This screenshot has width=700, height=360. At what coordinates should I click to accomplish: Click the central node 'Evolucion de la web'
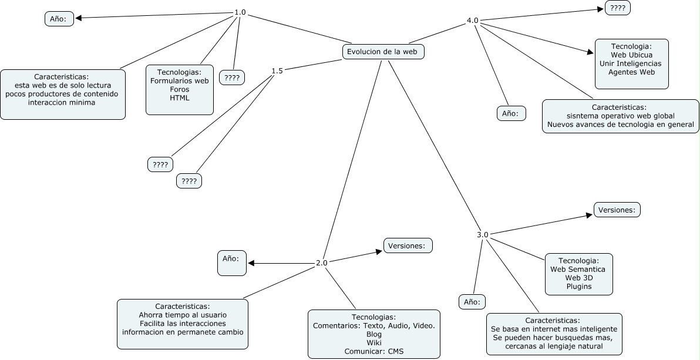382,52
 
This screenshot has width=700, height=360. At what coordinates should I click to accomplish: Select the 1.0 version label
240,12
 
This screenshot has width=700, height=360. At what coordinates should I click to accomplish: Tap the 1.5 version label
277,71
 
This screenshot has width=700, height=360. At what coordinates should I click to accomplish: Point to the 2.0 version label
321,263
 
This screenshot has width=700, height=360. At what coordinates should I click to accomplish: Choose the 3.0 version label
483,235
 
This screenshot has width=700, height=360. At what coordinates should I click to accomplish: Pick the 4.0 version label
472,21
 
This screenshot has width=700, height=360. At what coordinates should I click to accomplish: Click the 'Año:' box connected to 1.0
59,19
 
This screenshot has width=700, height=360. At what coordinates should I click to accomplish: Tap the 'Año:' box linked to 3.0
472,302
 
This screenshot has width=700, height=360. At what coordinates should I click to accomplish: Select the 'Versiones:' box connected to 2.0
408,245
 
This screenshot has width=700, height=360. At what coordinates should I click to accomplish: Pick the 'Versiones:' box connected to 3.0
617,210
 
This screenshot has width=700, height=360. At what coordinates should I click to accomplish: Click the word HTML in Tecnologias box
180,98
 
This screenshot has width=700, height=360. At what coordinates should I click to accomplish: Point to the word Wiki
374,342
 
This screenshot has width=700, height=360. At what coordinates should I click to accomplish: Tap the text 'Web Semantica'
578,269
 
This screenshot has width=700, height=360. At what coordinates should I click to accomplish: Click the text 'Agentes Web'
631,72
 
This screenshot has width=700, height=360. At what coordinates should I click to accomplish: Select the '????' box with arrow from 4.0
618,8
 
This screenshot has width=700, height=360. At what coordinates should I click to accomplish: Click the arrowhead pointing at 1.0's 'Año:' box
78,18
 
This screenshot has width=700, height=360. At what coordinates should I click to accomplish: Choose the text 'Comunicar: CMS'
373,351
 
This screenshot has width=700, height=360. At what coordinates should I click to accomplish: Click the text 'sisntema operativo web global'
620,116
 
